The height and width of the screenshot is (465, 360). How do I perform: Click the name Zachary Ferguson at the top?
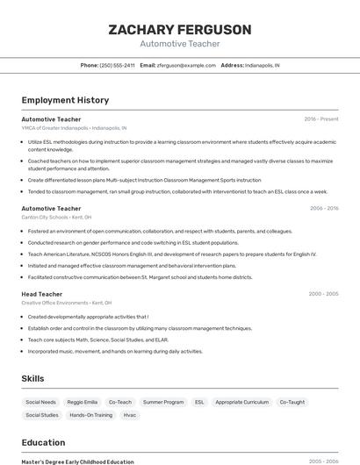[179, 29]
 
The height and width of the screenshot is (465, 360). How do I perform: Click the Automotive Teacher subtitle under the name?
[179, 44]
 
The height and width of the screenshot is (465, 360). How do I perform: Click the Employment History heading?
[65, 100]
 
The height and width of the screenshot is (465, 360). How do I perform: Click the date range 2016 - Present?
[321, 118]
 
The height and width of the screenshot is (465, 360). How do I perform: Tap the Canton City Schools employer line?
[56, 217]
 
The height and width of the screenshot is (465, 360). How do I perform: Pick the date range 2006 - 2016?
[323, 209]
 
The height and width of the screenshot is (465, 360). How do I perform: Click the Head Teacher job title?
[41, 294]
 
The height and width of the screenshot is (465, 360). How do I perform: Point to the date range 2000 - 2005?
[323, 294]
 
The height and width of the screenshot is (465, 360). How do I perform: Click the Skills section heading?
[33, 378]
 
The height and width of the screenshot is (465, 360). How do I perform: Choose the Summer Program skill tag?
[163, 402]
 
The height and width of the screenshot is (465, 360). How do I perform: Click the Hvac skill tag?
[129, 415]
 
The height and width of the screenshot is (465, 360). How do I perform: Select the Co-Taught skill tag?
[292, 402]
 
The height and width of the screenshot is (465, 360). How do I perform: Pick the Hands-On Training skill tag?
[90, 415]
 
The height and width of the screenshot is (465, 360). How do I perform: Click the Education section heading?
[43, 442]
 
